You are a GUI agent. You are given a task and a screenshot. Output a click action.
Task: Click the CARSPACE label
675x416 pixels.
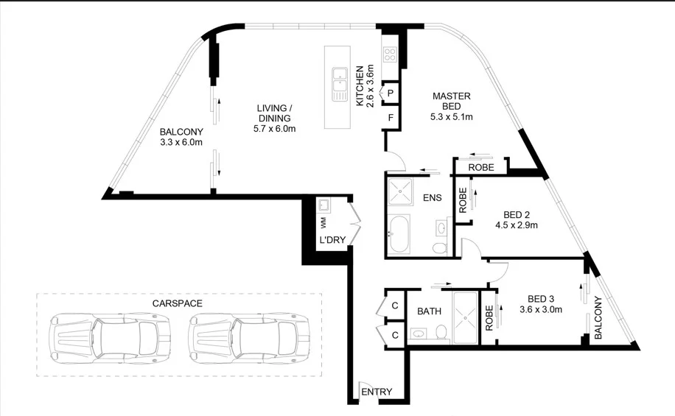[178, 303]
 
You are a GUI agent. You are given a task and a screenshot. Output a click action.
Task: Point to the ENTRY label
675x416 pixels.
[377, 392]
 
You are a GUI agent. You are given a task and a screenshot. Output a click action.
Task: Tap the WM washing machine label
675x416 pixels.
[323, 220]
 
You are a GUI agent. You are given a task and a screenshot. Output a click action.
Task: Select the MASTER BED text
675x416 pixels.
[451, 101]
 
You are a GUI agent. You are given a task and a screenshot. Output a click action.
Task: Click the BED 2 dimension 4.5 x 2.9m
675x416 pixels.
[516, 225]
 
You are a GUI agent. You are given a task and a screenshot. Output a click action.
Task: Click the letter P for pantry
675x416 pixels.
[391, 93]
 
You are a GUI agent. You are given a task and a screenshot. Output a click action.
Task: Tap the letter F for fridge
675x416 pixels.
[391, 117]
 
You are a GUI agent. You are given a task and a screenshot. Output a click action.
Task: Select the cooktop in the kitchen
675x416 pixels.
[390, 54]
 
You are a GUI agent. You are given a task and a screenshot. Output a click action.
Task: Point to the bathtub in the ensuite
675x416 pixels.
[402, 235]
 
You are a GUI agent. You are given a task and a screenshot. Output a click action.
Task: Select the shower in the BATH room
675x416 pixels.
[464, 317]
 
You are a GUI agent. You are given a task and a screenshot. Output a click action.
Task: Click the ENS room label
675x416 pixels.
[432, 199]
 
